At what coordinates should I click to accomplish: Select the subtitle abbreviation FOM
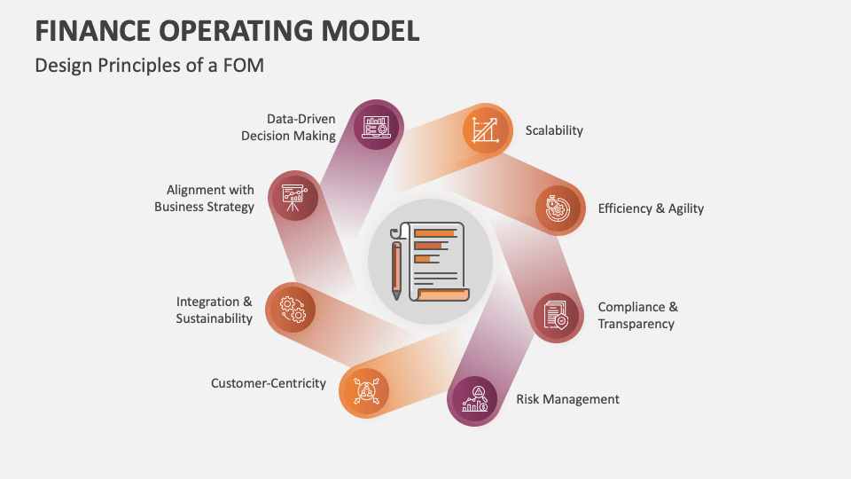(246, 66)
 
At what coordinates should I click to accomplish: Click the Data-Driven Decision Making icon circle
(378, 125)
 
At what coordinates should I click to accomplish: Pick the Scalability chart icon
(487, 130)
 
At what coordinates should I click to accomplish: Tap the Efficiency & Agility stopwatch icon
(559, 209)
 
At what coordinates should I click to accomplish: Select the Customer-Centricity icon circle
(364, 391)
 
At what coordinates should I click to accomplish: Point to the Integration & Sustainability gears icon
(292, 309)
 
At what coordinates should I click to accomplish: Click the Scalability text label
(554, 130)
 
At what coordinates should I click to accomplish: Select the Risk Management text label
(567, 399)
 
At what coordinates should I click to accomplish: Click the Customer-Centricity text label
(268, 383)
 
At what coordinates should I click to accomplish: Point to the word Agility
(680, 208)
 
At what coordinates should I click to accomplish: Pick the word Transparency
(636, 324)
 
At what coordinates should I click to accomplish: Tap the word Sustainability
(214, 318)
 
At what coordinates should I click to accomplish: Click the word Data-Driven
(301, 118)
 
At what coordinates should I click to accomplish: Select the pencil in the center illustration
(396, 267)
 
